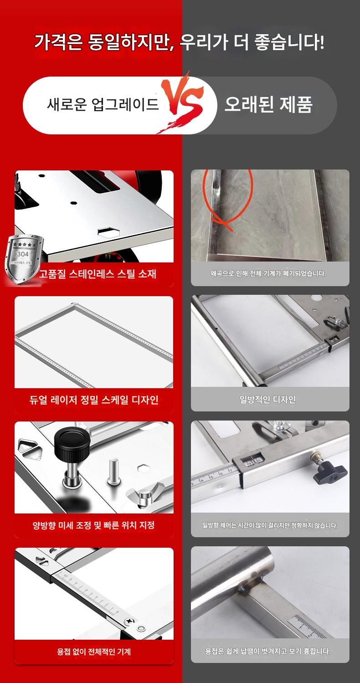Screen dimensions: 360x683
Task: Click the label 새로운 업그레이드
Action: tap(103, 104)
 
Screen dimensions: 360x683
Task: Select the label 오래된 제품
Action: tap(268, 104)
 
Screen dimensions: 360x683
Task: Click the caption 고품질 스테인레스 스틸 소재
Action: tap(98, 274)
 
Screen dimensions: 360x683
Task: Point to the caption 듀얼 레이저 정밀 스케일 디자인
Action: tap(94, 400)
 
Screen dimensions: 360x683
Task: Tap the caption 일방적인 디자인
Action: tap(267, 400)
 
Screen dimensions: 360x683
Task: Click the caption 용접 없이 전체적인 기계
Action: tap(94, 652)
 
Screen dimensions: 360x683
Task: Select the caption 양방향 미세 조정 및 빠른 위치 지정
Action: tap(93, 525)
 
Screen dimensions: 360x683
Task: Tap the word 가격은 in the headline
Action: tap(58, 42)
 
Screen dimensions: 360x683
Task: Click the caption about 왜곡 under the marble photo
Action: tap(268, 273)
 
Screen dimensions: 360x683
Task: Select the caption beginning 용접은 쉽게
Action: tap(267, 651)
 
